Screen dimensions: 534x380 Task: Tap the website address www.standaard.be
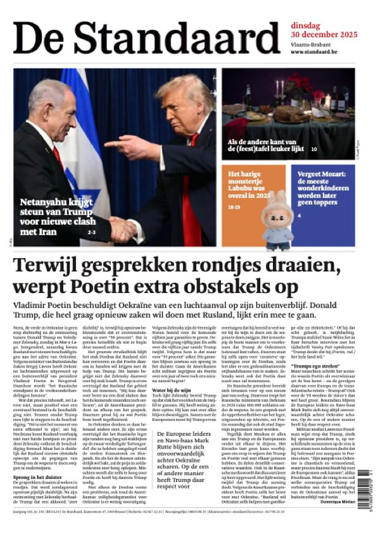pyautogui.click(x=314, y=52)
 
